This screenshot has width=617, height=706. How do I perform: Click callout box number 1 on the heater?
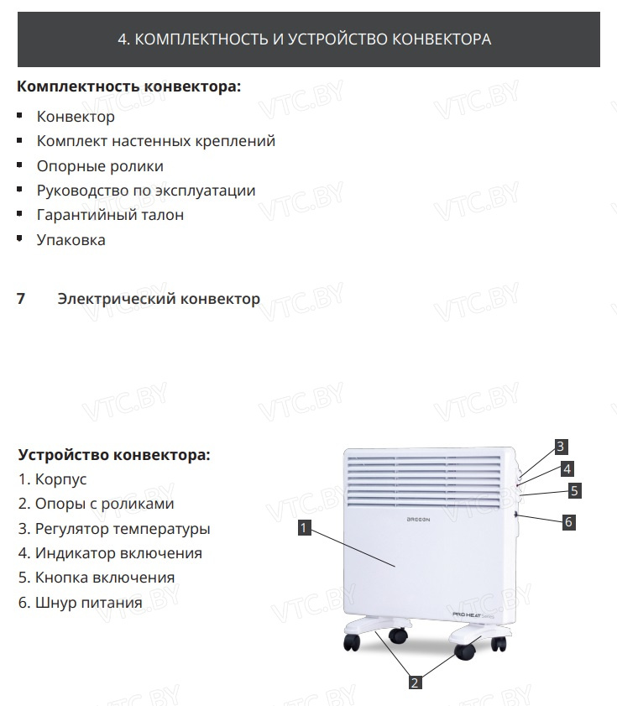click(305, 528)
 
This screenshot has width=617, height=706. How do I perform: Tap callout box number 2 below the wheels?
click(414, 682)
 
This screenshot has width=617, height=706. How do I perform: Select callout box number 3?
click(562, 446)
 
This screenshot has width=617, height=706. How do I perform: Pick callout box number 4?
click(567, 468)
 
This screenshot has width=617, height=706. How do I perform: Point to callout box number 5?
click(574, 490)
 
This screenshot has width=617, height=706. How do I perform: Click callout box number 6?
click(568, 521)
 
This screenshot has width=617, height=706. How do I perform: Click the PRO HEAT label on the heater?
click(468, 615)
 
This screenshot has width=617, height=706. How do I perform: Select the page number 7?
click(21, 299)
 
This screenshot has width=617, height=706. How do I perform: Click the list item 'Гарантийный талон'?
click(110, 215)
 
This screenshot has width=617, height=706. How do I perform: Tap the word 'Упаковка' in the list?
click(71, 240)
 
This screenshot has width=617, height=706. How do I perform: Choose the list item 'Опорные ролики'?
click(100, 166)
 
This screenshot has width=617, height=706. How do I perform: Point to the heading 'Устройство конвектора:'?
click(114, 455)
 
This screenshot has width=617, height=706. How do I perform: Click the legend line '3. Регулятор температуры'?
click(114, 529)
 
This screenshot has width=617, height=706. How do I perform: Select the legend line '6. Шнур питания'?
click(81, 603)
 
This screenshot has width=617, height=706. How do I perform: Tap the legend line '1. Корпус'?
click(52, 480)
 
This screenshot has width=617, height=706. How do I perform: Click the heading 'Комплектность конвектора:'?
click(128, 86)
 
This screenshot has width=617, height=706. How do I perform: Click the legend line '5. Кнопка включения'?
click(97, 578)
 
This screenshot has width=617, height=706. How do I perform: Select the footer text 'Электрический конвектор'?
click(159, 299)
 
